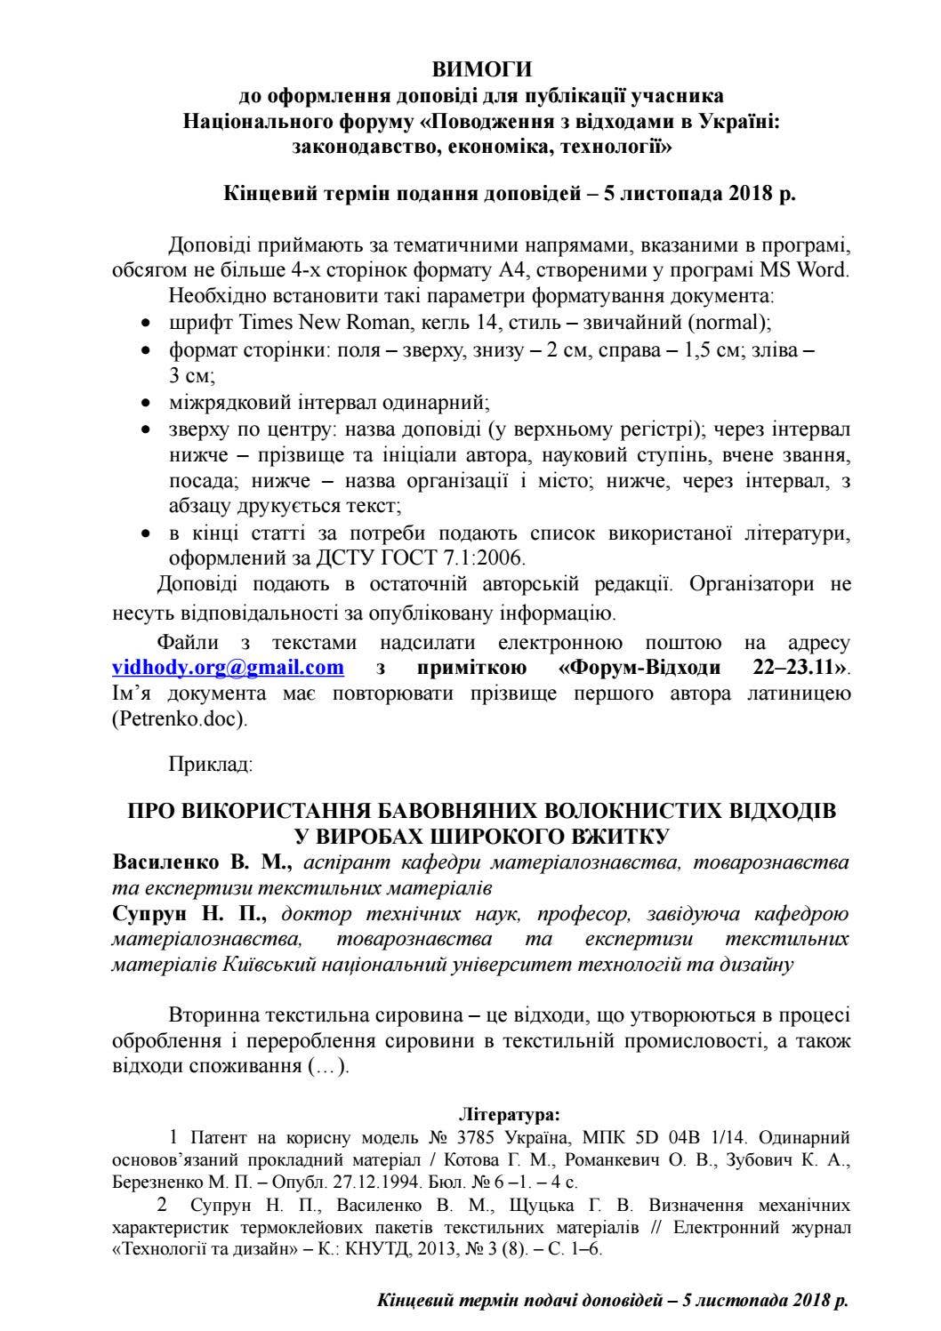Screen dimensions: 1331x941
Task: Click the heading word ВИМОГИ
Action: (481, 69)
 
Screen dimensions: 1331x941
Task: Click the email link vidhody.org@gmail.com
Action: (228, 667)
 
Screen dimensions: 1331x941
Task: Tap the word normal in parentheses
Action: (728, 323)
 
